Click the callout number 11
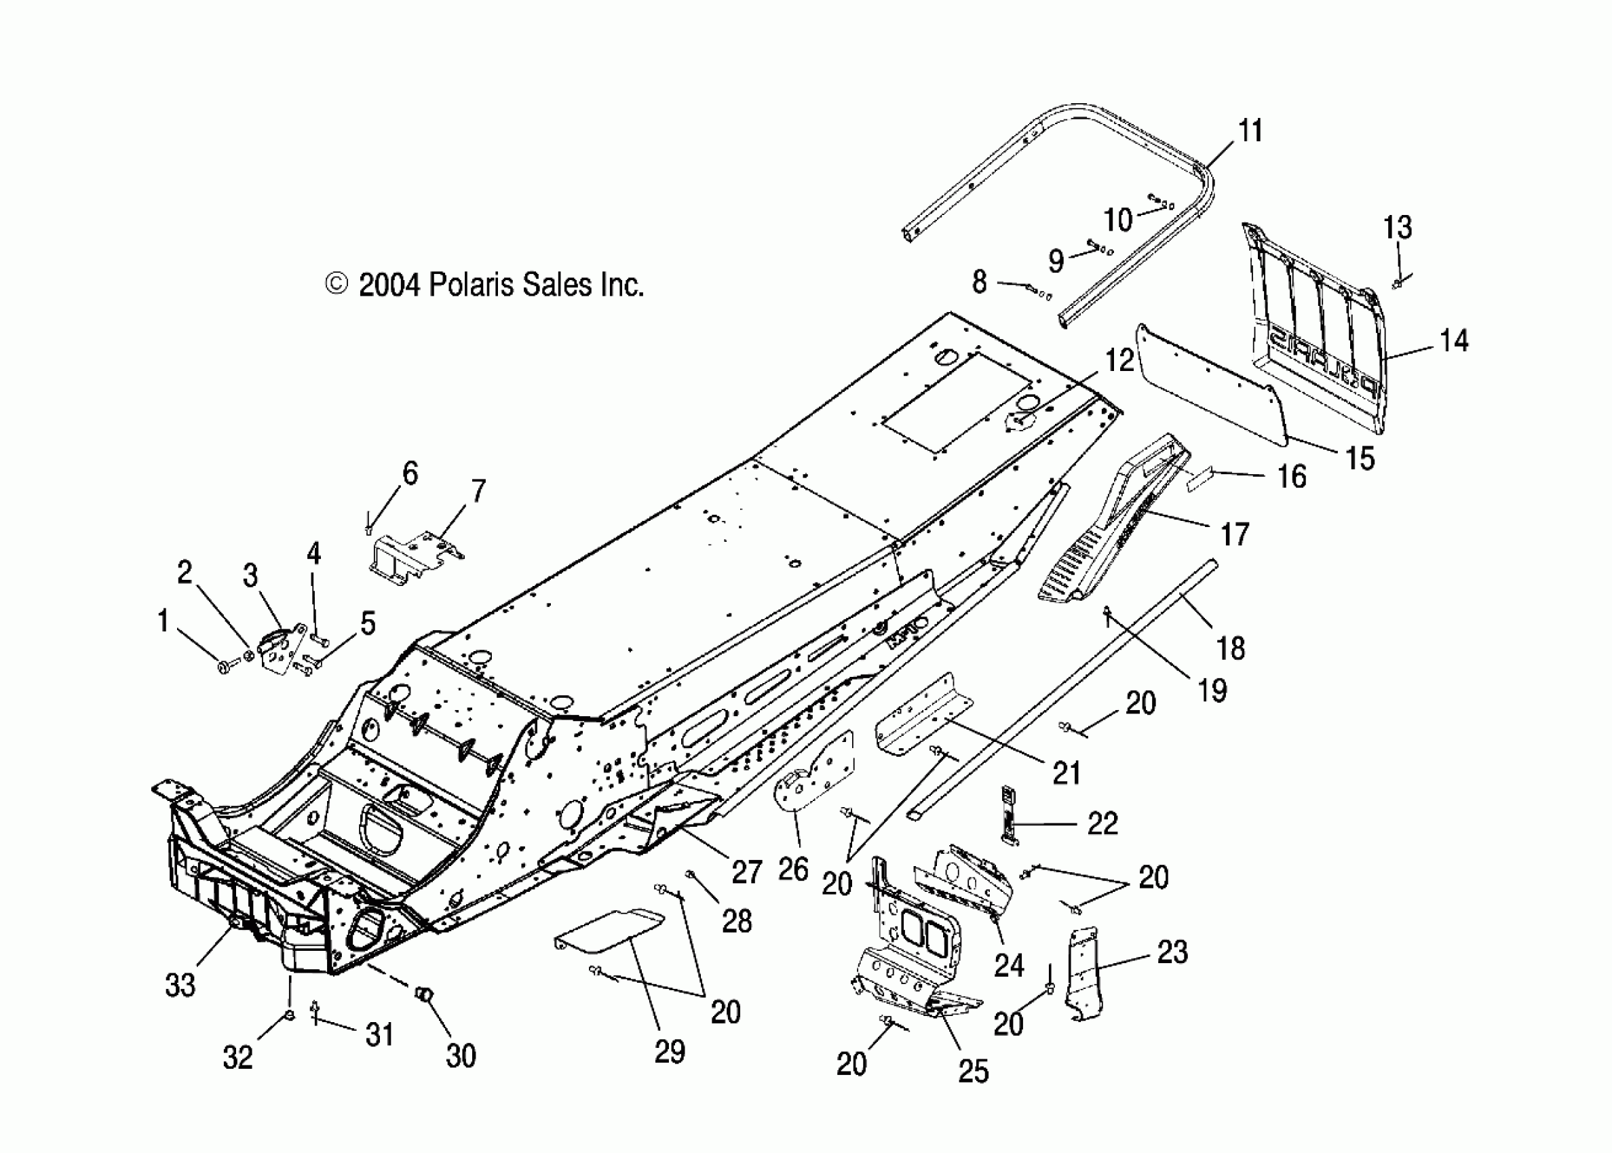tap(1250, 132)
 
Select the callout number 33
tap(180, 985)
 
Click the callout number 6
tap(410, 473)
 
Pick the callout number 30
tap(460, 1056)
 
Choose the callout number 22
tap(1102, 823)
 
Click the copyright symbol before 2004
tap(336, 284)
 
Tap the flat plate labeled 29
tap(611, 930)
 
